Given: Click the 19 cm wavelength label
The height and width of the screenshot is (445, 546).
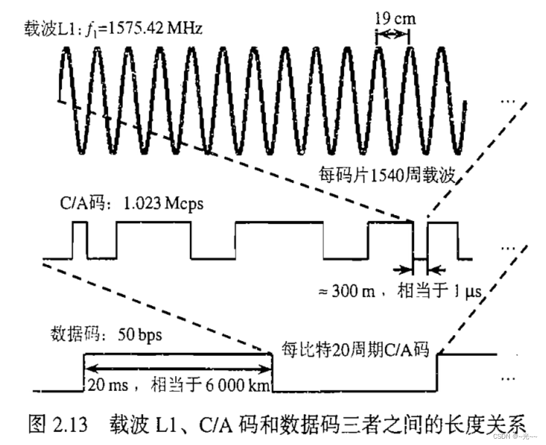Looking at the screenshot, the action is pyautogui.click(x=395, y=18).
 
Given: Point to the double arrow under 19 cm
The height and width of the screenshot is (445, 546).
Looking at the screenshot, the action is pyautogui.click(x=393, y=36).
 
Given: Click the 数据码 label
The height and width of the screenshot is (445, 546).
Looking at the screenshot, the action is pyautogui.click(x=71, y=334).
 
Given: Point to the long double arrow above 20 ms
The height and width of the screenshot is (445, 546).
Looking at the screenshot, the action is pyautogui.click(x=178, y=368).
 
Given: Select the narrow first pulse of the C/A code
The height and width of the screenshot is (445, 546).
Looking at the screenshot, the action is pyautogui.click(x=80, y=239).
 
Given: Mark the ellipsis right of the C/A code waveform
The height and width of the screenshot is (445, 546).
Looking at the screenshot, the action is pyautogui.click(x=509, y=248).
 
